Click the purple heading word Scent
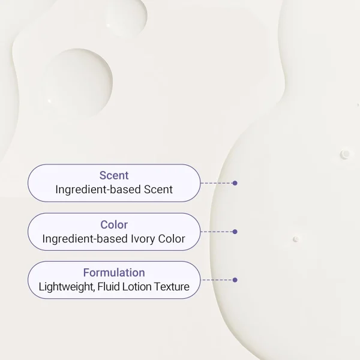point(114,175)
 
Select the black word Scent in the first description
point(158,190)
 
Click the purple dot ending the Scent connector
point(235,183)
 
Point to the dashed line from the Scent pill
point(217,183)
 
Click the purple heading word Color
point(114,224)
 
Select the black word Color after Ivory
point(172,239)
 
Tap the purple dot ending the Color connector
point(235,232)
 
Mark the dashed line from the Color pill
point(217,232)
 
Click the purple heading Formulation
point(114,272)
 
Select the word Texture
point(172,287)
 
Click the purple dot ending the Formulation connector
point(235,280)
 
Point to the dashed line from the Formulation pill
point(217,280)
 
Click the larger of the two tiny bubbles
point(346,154)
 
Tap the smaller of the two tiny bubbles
point(296,239)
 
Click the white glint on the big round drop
point(49,101)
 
